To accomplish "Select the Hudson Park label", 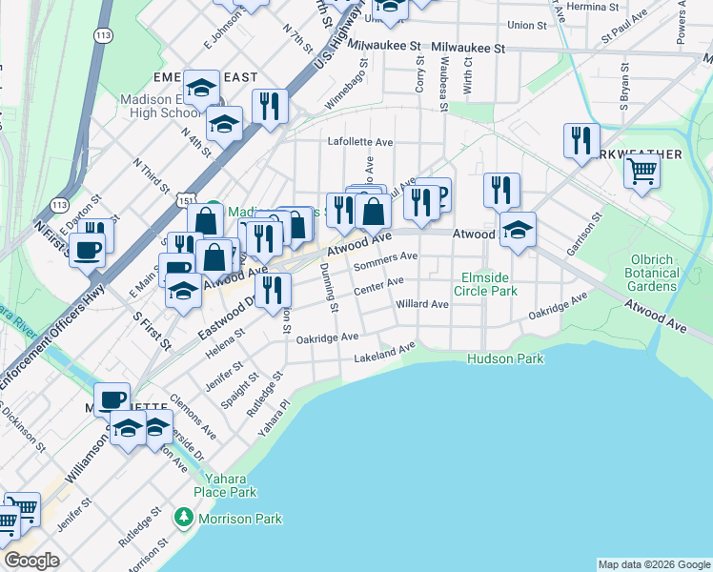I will [x=505, y=359].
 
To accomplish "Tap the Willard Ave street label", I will [x=421, y=305].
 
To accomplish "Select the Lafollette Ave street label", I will [x=360, y=142].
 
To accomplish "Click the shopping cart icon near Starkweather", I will [x=642, y=173].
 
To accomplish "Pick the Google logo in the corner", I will [x=31, y=561].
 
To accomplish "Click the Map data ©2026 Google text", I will [x=653, y=564].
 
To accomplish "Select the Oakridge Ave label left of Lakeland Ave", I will [x=327, y=338].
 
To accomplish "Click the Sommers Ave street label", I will [x=386, y=259].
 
